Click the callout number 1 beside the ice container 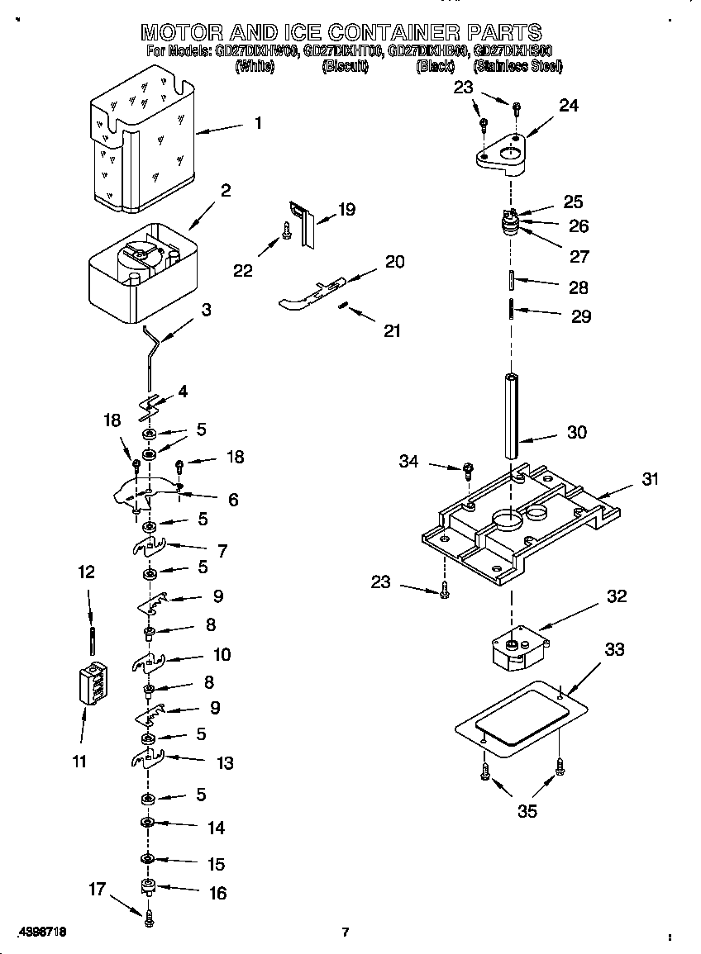click(258, 123)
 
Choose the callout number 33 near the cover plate click(614, 650)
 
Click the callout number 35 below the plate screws click(527, 811)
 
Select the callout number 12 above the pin click(86, 572)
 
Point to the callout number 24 click(569, 105)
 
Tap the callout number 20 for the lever click(395, 262)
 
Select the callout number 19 click(346, 209)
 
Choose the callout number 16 click(217, 893)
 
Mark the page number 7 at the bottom click(346, 933)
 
